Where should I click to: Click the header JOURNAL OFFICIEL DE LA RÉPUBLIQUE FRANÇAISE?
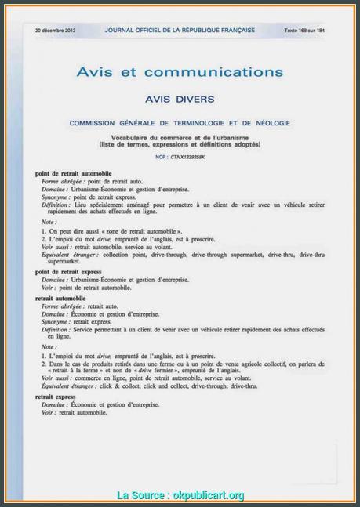[x=180, y=30]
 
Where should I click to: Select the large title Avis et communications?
[x=180, y=72]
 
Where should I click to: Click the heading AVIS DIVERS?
[x=180, y=100]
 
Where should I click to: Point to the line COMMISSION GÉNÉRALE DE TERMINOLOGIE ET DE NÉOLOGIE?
[x=180, y=124]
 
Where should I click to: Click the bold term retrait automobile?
[x=60, y=299]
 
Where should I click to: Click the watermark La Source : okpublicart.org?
[x=180, y=494]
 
